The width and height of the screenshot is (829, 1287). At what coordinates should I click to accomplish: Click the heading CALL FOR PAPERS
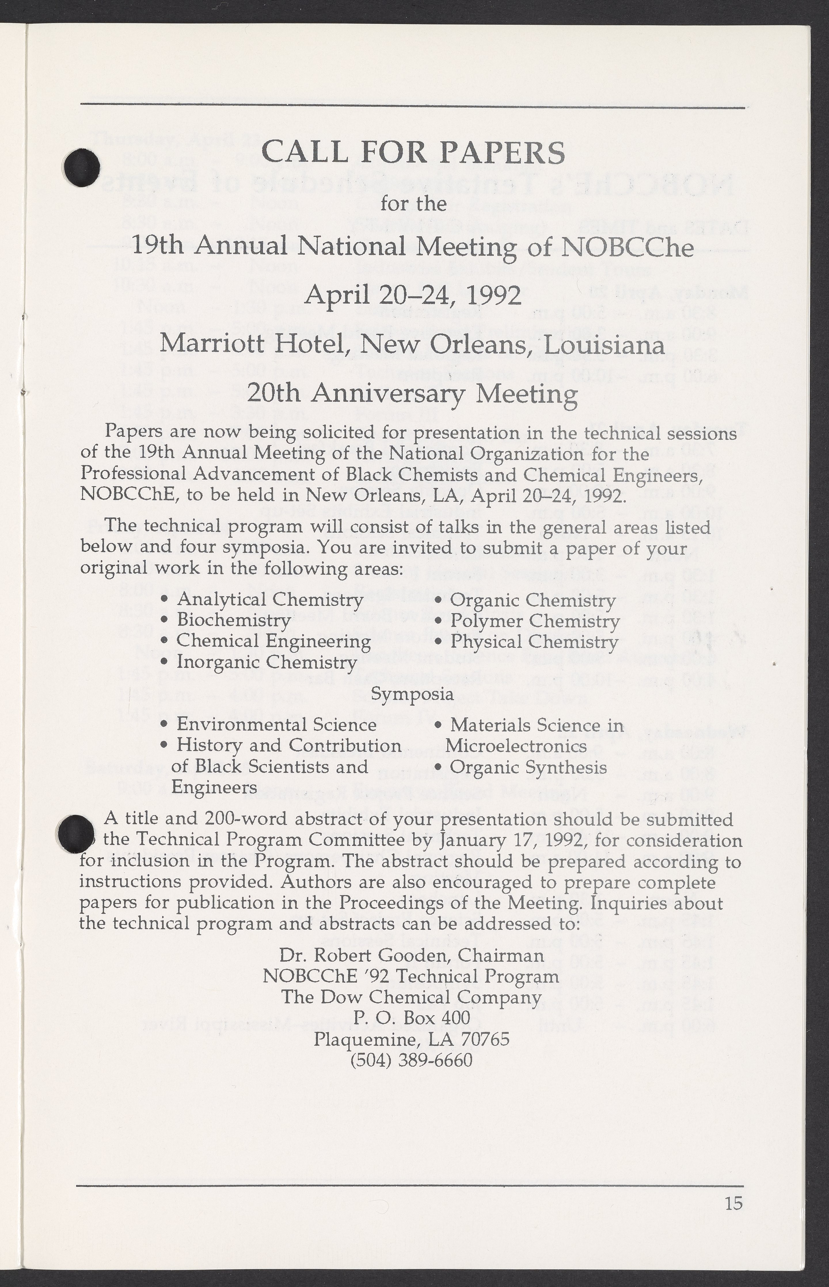413,153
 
